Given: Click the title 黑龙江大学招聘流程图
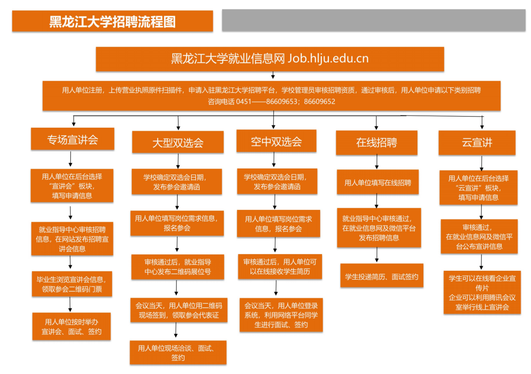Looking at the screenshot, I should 113,22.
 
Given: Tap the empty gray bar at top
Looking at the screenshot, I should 374,20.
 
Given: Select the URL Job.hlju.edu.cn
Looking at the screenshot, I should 328,59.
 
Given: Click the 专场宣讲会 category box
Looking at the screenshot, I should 73,140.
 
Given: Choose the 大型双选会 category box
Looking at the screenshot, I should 177,143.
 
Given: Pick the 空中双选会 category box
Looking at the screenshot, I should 276,142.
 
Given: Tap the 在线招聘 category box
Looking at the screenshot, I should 377,143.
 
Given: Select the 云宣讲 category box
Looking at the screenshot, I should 477,143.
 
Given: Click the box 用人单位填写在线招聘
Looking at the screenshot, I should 378,183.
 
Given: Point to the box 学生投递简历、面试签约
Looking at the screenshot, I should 382,277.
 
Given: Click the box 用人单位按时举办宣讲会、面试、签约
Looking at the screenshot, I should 72,326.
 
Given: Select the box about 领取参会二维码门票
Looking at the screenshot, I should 72,284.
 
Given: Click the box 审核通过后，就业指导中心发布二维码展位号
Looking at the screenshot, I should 178,267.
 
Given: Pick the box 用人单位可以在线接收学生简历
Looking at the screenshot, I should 279,267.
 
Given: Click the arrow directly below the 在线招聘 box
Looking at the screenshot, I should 377,162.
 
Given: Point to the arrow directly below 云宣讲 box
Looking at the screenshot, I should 482,163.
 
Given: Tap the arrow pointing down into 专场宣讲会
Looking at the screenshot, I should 74,121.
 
